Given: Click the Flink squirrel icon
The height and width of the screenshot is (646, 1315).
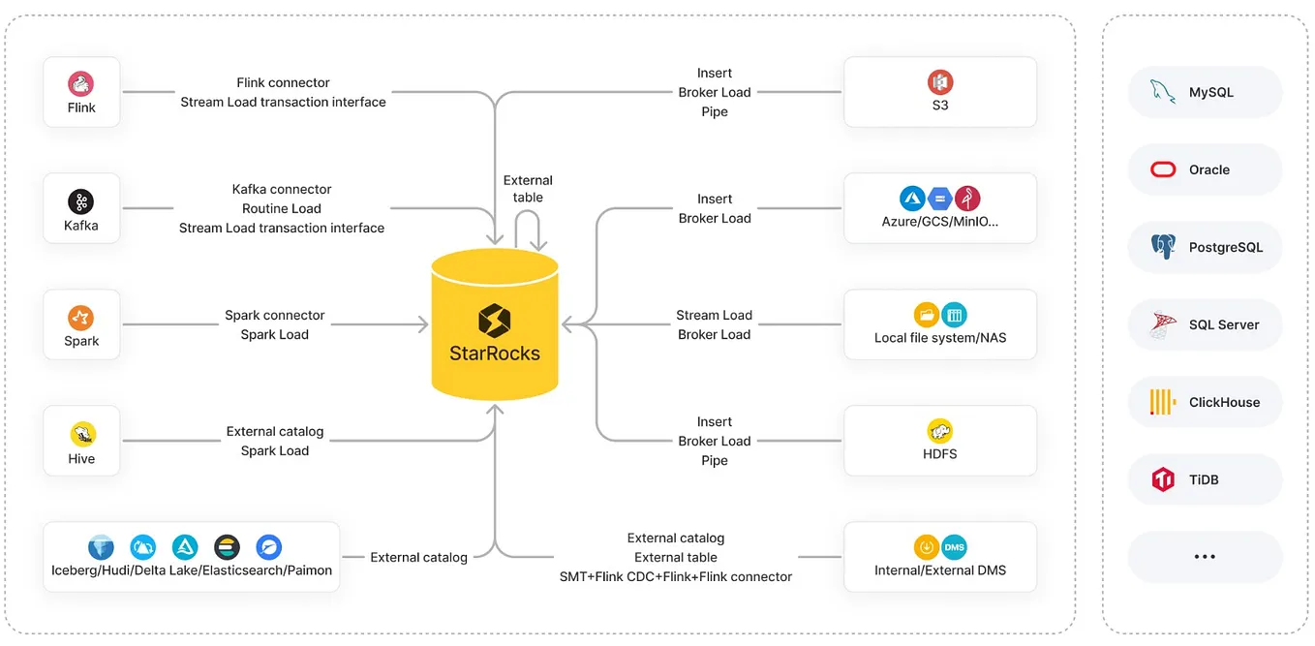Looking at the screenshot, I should pos(81,83).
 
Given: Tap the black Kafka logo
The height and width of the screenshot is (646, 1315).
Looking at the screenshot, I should pos(81,201).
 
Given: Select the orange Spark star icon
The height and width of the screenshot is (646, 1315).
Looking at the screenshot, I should pos(81,318).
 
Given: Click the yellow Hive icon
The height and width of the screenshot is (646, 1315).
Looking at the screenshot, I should pos(81,435).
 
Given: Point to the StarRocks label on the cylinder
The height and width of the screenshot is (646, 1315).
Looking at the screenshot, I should pos(495,353).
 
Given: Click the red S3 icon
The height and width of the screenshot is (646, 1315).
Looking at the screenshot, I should pos(939,82).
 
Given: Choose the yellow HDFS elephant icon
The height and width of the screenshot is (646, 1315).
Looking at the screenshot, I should pos(939,431).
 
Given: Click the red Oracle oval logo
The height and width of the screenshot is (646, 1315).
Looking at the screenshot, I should pos(1163,169).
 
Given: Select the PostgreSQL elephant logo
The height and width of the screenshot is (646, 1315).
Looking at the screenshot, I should pos(1163,247).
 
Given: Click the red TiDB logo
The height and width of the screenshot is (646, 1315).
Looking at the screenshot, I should pos(1163,479).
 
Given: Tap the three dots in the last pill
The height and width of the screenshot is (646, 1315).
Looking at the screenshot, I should pos(1205,557).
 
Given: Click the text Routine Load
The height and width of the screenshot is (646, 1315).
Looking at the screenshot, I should pos(282,208).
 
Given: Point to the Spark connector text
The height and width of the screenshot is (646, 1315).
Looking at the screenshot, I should pos(275,315).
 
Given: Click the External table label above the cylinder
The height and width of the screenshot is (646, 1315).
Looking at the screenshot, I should pos(528,189).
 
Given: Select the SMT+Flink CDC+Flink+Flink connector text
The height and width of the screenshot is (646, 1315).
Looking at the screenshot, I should pos(676,576).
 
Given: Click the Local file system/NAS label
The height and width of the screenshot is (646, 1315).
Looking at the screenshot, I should pos(940,338).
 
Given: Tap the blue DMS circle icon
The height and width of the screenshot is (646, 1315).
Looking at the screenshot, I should pos(954,547).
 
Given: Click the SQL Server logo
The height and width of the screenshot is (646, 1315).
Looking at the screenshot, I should pos(1163,324).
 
